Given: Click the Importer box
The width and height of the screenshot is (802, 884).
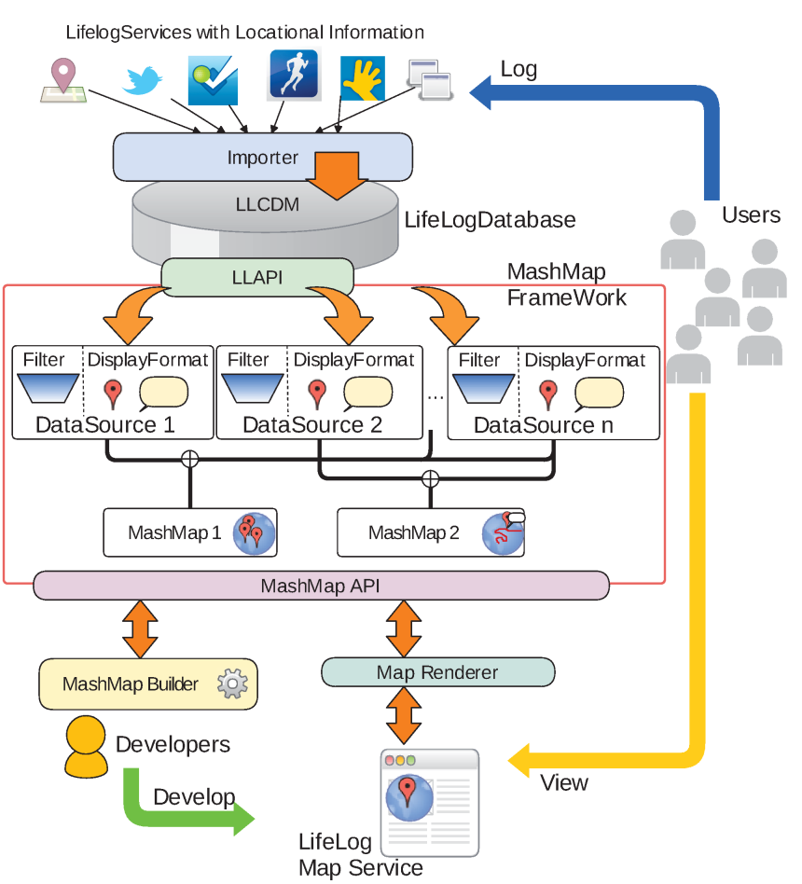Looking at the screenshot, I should click(x=262, y=157).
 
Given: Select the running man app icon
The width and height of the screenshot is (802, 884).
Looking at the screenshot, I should click(x=294, y=74).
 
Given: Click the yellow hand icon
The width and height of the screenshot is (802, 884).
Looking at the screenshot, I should click(x=363, y=79).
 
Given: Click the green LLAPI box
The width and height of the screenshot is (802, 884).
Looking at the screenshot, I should click(x=257, y=276).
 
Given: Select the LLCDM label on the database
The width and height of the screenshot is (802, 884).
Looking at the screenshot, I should click(x=265, y=204).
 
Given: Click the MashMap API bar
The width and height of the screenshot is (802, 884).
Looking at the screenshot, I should click(x=320, y=586).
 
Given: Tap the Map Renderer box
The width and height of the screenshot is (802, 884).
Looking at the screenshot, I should click(x=437, y=671).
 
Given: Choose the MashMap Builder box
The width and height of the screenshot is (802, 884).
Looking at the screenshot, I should click(x=147, y=684).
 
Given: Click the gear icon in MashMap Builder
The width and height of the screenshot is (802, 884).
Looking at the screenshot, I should click(x=231, y=684).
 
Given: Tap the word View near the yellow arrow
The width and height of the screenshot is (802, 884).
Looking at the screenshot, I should click(x=564, y=782).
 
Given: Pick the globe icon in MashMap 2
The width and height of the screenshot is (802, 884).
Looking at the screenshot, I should click(x=501, y=533).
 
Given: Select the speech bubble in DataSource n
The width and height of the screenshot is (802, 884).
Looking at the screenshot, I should click(x=599, y=394).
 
